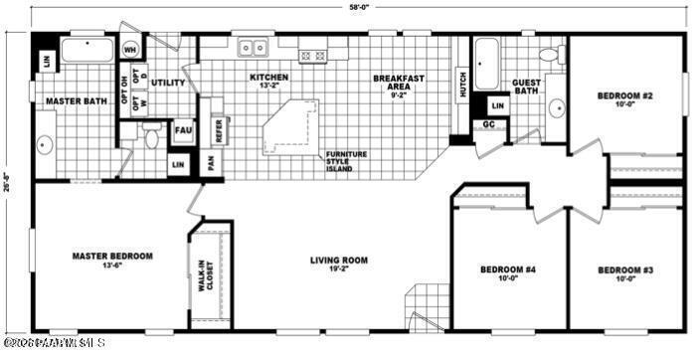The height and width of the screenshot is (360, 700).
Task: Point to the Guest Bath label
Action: click(x=526, y=89)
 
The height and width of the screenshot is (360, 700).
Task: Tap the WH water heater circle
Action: click(x=130, y=48)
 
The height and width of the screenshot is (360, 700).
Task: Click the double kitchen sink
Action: click(x=255, y=47)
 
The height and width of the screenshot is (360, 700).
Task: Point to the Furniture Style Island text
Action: click(x=347, y=161)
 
